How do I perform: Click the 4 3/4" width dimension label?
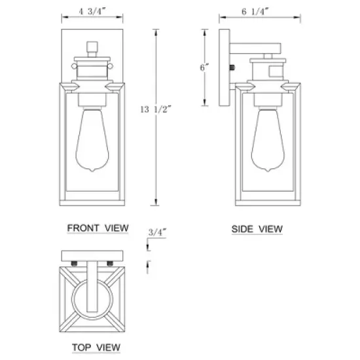[x=92, y=11]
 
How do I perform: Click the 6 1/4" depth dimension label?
[x=255, y=11]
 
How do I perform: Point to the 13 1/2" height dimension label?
[x=156, y=109]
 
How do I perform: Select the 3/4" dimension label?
[x=157, y=232]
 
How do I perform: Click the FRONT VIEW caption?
[x=98, y=228]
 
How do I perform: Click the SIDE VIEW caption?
[x=257, y=229]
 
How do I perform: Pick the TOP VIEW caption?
[x=96, y=348]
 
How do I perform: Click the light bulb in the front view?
[x=92, y=140]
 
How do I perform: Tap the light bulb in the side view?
[x=268, y=140]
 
